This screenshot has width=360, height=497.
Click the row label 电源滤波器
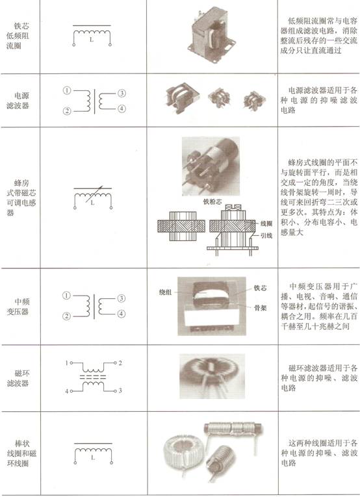[18, 101]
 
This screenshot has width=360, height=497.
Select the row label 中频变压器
[18, 307]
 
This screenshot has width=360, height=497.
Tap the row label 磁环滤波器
[18, 378]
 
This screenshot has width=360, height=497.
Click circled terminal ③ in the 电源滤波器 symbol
[122, 93]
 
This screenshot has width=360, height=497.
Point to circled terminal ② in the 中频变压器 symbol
[66, 316]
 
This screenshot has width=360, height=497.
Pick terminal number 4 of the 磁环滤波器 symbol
[67, 392]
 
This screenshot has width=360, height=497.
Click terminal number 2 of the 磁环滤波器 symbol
[120, 363]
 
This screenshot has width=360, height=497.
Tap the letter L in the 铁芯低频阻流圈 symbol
[92, 40]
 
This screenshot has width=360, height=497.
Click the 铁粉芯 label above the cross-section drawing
[212, 201]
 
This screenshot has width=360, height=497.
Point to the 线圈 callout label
[266, 223]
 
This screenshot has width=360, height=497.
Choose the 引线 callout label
[266, 235]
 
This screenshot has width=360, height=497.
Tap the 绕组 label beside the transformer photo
[166, 292]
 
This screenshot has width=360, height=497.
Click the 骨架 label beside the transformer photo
[260, 307]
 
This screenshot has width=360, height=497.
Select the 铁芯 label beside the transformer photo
[260, 288]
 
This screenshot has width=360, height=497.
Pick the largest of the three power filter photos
[183, 97]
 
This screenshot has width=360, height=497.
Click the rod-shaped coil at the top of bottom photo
[233, 429]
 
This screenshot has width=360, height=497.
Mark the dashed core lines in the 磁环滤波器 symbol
[93, 377]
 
